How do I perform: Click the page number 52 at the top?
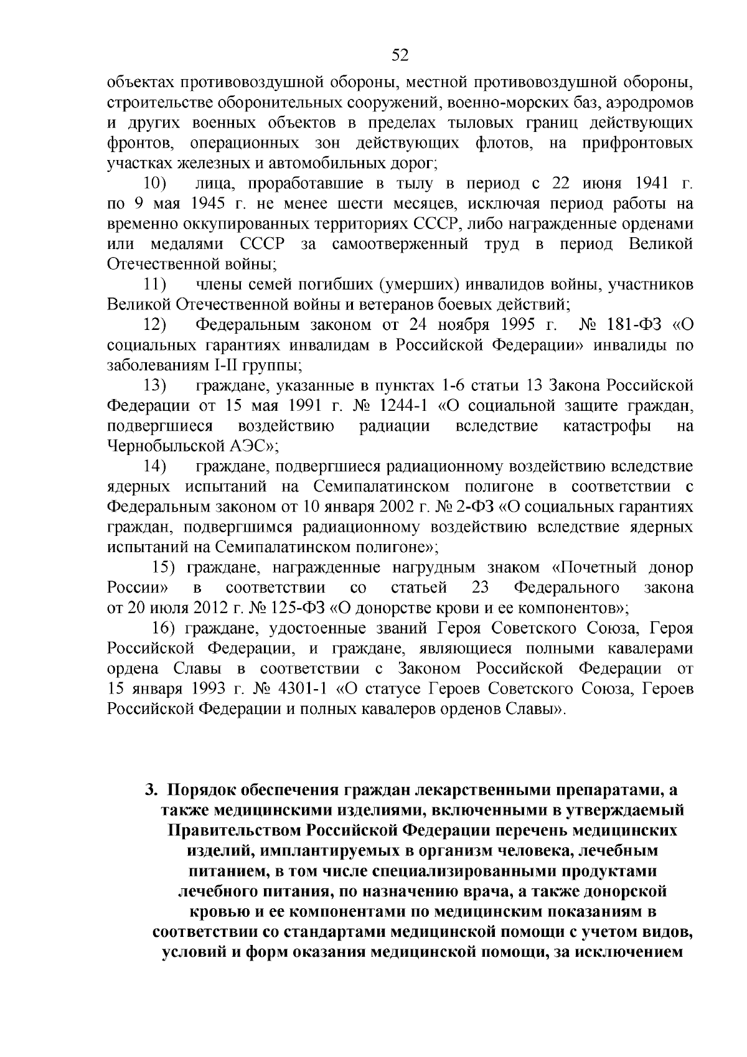click(x=400, y=55)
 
